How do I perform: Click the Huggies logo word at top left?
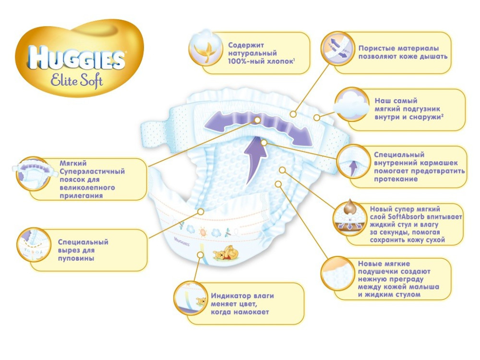coord(77,57)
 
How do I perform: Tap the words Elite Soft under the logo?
coord(77,80)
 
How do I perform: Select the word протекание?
coord(396,179)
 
